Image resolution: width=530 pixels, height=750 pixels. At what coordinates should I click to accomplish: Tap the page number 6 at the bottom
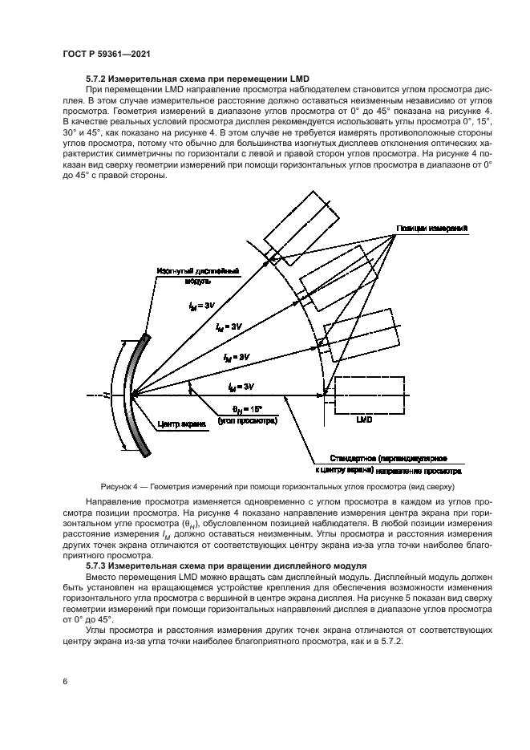pyautogui.click(x=64, y=682)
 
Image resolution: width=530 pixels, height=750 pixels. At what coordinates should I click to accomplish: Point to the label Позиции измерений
pyautogui.click(x=431, y=229)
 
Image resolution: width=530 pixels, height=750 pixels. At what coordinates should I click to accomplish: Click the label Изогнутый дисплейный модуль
pyautogui.click(x=187, y=277)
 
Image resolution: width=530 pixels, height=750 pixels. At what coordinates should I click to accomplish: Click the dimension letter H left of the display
pyautogui.click(x=105, y=395)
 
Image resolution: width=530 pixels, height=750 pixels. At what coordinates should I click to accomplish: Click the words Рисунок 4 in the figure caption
pyautogui.click(x=120, y=486)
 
